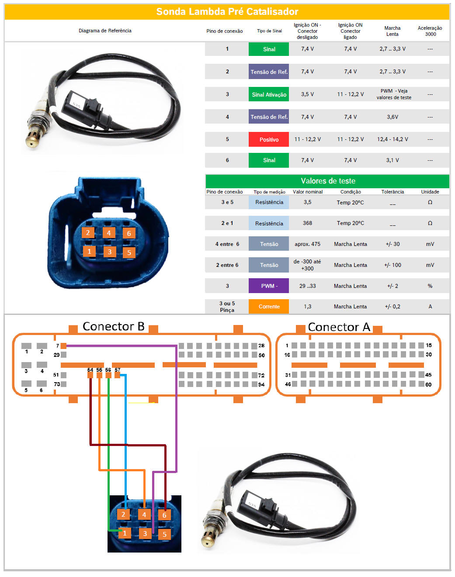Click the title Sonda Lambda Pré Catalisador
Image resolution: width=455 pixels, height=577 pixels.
[227, 11]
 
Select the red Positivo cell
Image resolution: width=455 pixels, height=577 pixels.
[268, 139]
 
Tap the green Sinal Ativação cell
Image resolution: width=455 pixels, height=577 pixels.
[268, 94]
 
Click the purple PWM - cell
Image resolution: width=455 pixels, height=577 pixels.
[268, 286]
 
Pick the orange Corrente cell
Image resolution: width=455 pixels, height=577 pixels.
[268, 306]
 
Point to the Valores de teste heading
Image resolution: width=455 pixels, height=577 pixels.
[328, 181]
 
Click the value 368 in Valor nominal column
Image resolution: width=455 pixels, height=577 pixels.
[307, 223]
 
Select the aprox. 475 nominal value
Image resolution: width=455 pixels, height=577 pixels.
[307, 244]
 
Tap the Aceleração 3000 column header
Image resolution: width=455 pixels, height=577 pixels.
[430, 31]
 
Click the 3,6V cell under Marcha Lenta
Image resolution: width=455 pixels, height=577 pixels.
[392, 117]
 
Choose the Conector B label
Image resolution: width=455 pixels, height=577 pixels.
[114, 326]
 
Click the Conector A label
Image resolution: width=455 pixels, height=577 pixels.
[339, 327]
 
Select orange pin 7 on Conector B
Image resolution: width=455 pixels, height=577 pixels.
[63, 346]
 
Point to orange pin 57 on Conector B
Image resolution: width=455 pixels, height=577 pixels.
[117, 375]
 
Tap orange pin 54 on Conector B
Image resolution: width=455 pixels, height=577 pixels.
[90, 375]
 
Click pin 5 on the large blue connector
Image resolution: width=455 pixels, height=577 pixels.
[129, 252]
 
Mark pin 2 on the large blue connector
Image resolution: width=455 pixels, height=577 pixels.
[88, 232]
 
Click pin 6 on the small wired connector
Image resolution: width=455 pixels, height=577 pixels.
[164, 515]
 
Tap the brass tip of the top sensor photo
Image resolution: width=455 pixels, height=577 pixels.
[31, 142]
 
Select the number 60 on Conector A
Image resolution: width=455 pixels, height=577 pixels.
[428, 384]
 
